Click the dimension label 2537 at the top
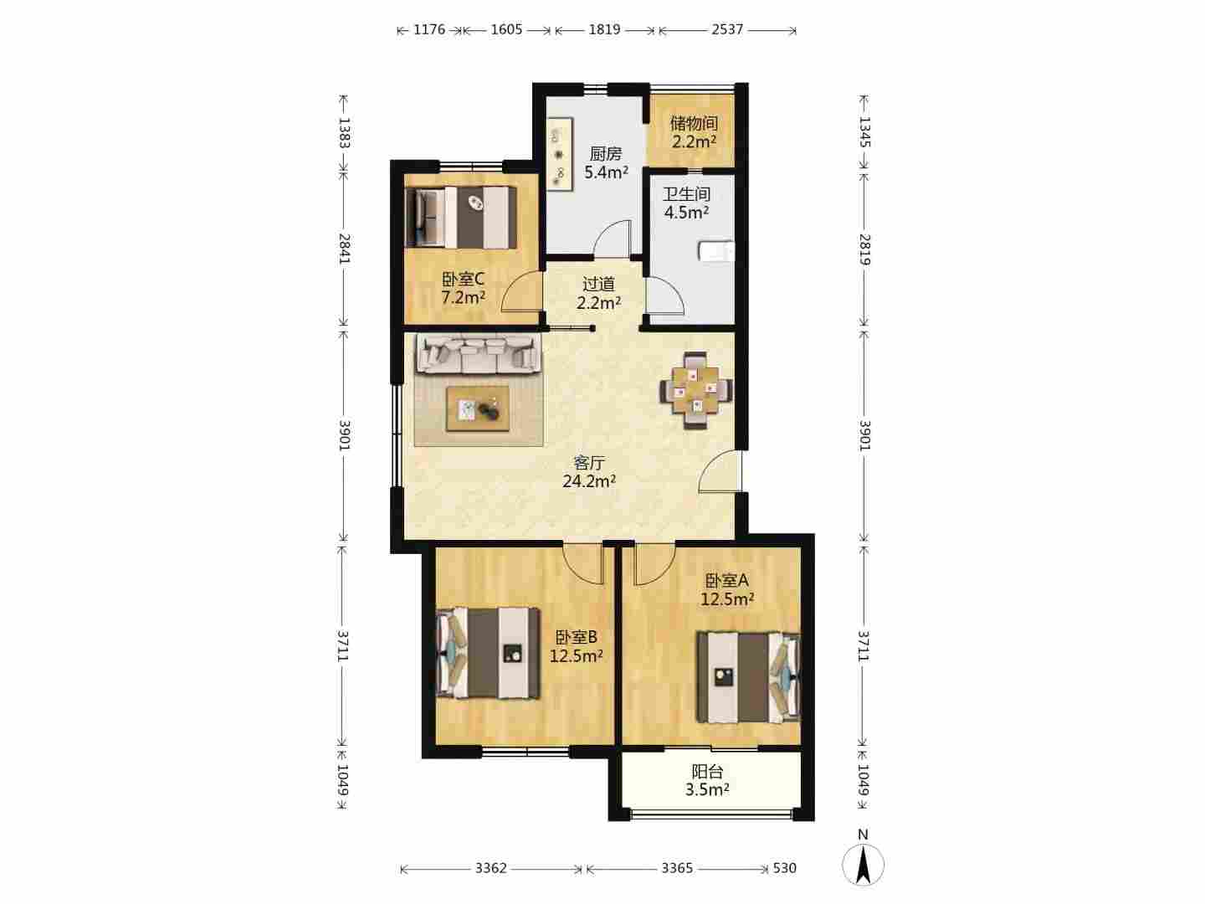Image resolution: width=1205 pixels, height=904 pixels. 727,29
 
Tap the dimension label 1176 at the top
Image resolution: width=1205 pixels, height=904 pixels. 428,29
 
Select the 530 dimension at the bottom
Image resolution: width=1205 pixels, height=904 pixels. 784,868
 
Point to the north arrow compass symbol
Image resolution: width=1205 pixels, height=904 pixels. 863,865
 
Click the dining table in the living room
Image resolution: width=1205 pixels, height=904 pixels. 696,390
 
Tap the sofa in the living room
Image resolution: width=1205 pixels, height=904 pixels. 477,354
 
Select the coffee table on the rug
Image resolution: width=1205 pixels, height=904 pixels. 478,409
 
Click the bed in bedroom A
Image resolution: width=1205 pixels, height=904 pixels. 748,677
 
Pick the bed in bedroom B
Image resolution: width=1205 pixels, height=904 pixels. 488,653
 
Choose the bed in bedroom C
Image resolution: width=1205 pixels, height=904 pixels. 460,218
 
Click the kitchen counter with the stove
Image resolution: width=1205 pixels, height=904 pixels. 560,154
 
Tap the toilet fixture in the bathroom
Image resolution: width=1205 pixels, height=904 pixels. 716,251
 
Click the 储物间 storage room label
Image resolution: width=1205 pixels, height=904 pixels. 694,124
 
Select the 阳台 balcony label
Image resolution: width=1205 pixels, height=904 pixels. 707,772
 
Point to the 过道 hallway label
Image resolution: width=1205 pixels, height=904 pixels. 598,285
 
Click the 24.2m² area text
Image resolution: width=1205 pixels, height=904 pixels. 589,481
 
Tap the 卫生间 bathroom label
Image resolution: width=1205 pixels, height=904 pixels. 686,193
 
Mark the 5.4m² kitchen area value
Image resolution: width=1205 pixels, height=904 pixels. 606,172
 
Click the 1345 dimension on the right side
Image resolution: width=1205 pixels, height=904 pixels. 864,132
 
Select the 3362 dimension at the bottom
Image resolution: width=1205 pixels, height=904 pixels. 490,868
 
